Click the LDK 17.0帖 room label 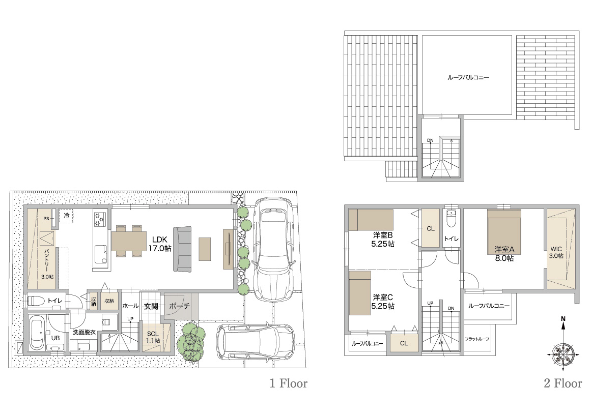[x=160, y=244]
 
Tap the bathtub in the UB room [x=37, y=333]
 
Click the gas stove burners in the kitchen [x=100, y=219]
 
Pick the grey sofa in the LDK [x=182, y=249]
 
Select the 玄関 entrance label [x=151, y=307]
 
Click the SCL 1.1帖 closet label [x=153, y=337]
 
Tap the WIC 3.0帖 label [x=556, y=252]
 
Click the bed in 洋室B [x=371, y=220]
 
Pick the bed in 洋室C [x=359, y=293]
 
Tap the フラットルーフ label [x=477, y=339]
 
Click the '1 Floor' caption [x=289, y=383]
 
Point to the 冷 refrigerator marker [x=67, y=216]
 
